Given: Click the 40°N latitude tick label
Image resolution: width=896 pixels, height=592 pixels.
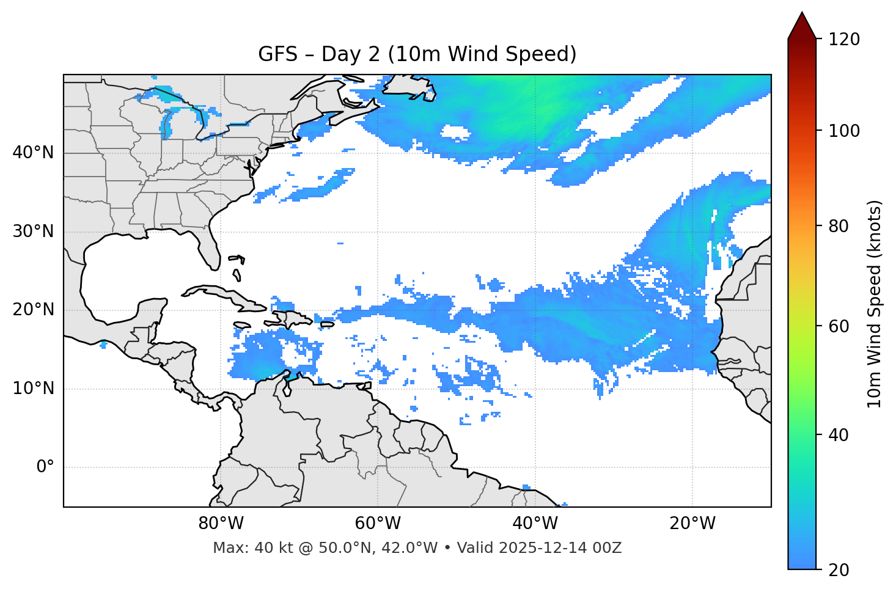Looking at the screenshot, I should click(33, 153).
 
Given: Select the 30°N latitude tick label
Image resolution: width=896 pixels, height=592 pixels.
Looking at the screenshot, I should click(33, 232).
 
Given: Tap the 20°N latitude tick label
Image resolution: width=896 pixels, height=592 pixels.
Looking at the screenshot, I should click(33, 310).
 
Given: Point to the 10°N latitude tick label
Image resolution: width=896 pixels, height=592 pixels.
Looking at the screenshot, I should click(33, 389).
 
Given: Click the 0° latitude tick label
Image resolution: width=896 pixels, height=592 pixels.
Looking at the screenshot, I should click(45, 467).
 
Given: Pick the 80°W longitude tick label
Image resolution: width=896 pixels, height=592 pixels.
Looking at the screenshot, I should click(221, 524).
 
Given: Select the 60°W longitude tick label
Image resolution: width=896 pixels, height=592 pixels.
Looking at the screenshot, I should click(378, 524).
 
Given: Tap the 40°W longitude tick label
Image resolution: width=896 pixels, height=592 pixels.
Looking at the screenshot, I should click(535, 524).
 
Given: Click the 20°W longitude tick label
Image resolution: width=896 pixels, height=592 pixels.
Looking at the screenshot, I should click(692, 524).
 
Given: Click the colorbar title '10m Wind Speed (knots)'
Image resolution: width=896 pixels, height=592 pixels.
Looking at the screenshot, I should click(875, 304).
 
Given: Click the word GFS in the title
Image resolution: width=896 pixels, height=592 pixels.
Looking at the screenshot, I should click(277, 54).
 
